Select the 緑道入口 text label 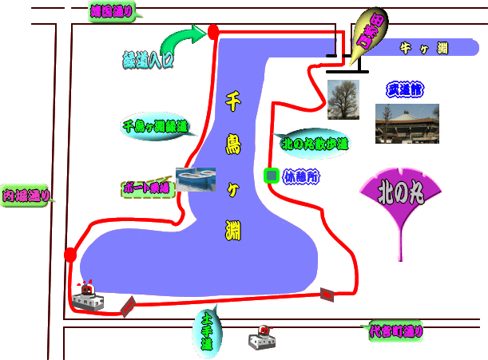[148, 60]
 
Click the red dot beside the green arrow [213, 32]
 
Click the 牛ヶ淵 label [423, 49]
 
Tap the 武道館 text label [405, 89]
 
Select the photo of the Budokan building [407, 123]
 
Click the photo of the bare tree [343, 100]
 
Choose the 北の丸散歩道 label [315, 144]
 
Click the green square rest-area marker [272, 175]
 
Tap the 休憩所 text [301, 176]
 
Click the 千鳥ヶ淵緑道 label [155, 126]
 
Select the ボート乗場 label [147, 188]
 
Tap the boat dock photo [196, 179]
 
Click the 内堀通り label [26, 194]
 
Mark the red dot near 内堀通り [70, 255]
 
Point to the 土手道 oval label [206, 332]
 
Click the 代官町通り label [395, 330]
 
